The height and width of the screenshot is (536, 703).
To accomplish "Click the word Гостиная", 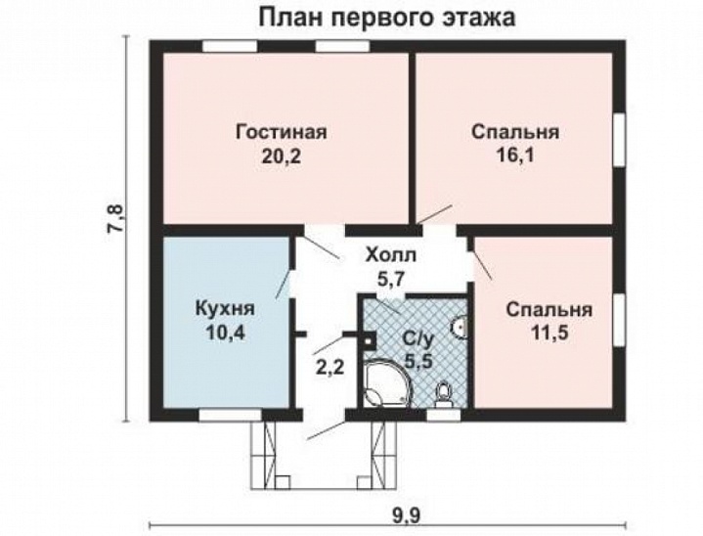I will click(x=281, y=133).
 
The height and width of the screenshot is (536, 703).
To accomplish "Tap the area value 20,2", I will click(x=281, y=156).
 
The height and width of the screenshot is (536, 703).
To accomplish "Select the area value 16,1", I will click(x=514, y=156).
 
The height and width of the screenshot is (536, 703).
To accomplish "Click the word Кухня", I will click(x=225, y=309).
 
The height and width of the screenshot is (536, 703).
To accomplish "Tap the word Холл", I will click(x=390, y=256).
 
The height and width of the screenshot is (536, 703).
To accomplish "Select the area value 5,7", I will click(x=390, y=279).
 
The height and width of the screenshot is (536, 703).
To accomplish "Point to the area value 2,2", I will click(x=328, y=369).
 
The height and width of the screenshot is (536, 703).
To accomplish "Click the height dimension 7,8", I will click(x=115, y=219).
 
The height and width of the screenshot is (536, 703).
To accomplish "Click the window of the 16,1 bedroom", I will click(x=619, y=142).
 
